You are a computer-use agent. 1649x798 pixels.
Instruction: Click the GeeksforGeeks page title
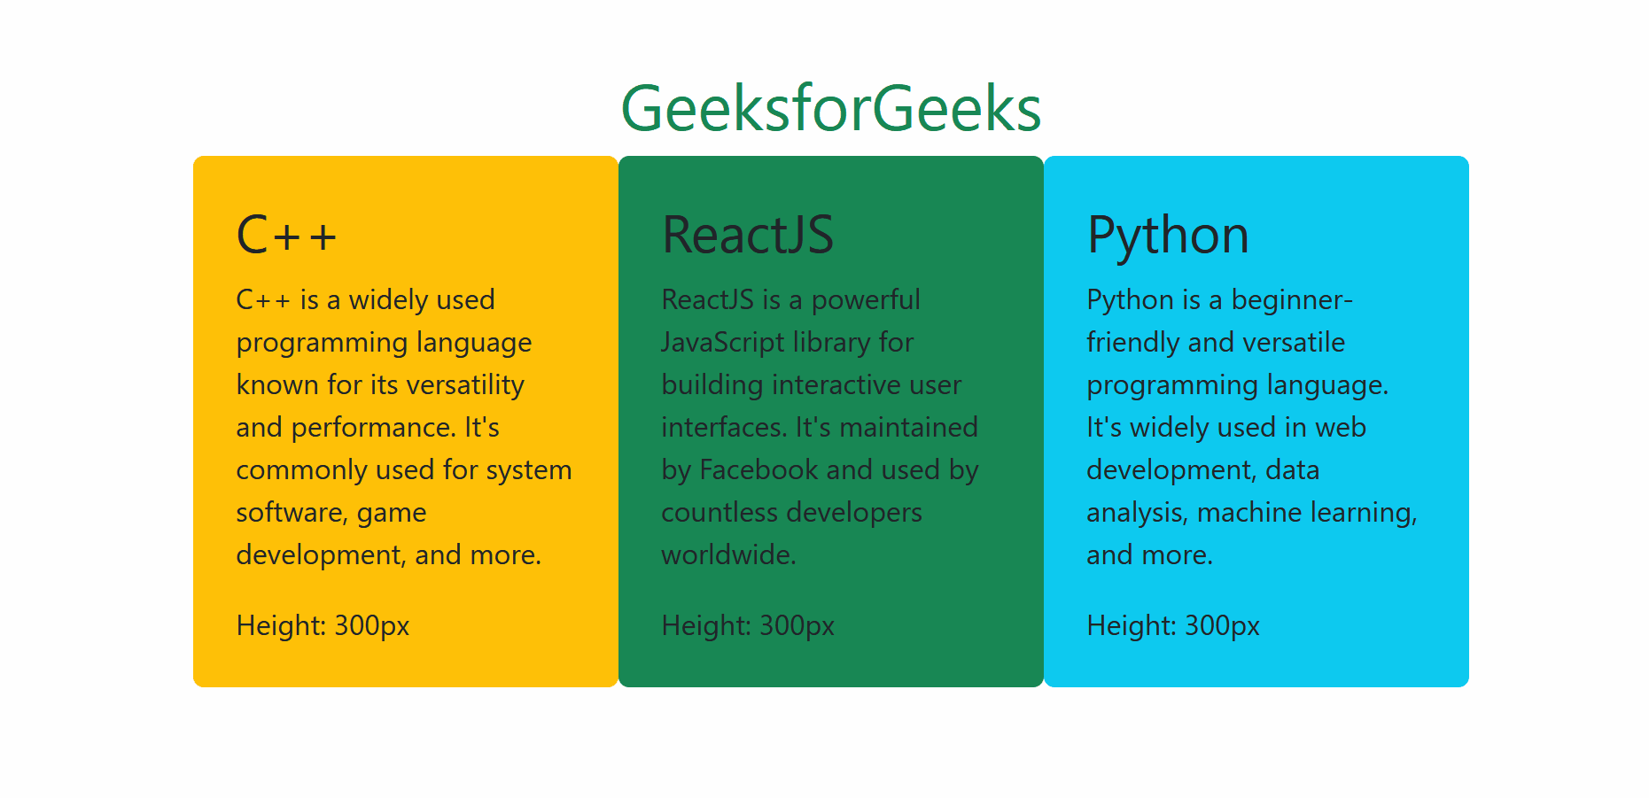coord(831,109)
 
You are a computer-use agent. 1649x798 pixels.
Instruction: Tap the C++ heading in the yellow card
coord(287,236)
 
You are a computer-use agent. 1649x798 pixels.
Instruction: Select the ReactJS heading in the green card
coord(748,236)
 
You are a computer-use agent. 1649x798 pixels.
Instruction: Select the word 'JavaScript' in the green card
coord(723,344)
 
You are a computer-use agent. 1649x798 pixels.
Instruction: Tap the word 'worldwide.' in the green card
coord(729,555)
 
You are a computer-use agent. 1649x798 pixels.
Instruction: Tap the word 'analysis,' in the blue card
coord(1137,514)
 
